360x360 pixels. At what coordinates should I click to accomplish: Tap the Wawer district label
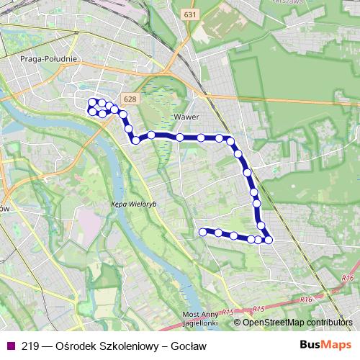pos(186,115)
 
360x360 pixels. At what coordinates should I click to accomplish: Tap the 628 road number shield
pos(130,99)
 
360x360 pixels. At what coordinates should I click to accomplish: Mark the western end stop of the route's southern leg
pos(202,231)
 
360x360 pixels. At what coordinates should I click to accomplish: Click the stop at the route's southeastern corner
pos(269,240)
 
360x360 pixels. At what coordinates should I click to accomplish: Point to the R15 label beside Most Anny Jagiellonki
pos(228,312)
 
